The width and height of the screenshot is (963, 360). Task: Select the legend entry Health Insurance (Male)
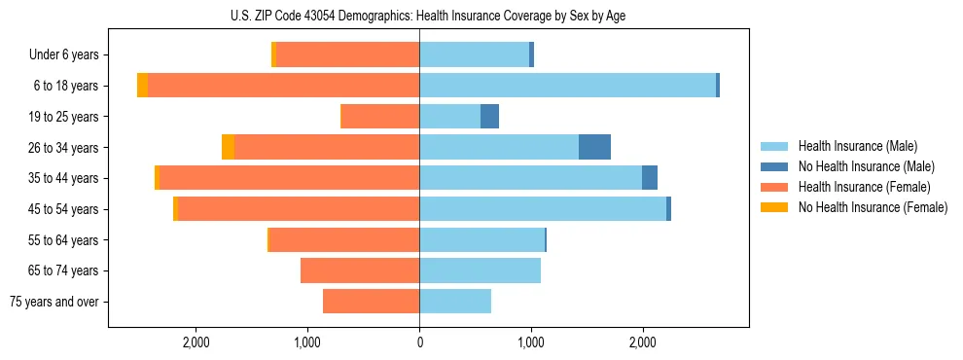pos(857,146)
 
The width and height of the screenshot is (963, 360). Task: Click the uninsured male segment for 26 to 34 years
pos(594,147)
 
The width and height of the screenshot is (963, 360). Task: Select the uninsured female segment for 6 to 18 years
pos(143,86)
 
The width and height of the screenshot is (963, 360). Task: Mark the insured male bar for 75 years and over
pos(455,302)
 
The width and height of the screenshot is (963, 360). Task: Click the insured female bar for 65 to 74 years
pos(360,270)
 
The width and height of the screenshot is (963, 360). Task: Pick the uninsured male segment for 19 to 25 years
pos(490,117)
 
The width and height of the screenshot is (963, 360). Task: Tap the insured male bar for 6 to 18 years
pos(567,86)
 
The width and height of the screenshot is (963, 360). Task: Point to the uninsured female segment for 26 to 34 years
pos(228,147)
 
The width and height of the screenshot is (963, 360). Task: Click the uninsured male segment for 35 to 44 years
pos(650,178)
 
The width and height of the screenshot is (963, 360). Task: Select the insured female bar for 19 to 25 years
pos(380,117)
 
